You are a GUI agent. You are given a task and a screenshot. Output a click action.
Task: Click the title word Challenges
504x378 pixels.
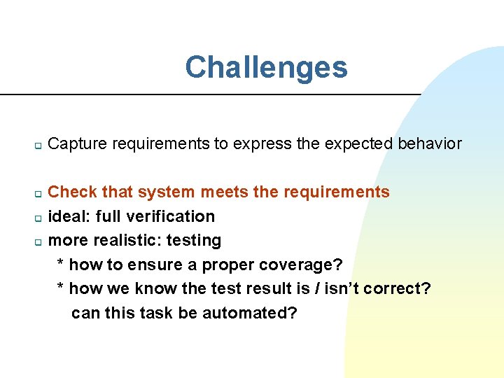pyautogui.click(x=266, y=68)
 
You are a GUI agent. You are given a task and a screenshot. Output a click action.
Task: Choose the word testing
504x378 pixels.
pyautogui.click(x=195, y=241)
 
